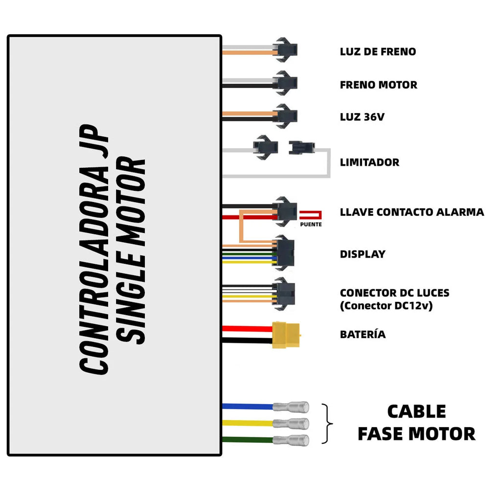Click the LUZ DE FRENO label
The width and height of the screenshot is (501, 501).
[x=378, y=51]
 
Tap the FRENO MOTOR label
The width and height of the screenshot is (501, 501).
[x=378, y=85]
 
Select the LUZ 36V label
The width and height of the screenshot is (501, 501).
[x=364, y=117]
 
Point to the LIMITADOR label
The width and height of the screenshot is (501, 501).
[x=369, y=162]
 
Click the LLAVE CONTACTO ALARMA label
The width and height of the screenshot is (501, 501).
[x=412, y=212]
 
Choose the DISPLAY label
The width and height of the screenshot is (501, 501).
[x=363, y=254]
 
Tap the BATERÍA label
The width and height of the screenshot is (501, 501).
[x=363, y=335]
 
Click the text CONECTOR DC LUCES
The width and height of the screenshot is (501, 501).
[x=394, y=293]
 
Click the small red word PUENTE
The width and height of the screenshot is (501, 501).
[x=311, y=225]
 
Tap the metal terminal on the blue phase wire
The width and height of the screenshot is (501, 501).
[x=291, y=407]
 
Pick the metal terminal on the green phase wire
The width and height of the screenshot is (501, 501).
[x=291, y=440]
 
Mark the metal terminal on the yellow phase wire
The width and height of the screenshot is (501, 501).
[x=291, y=423]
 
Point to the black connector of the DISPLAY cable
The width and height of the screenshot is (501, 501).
[x=283, y=252]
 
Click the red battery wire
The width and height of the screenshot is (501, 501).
[x=247, y=328]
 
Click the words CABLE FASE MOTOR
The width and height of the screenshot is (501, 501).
[x=416, y=422]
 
